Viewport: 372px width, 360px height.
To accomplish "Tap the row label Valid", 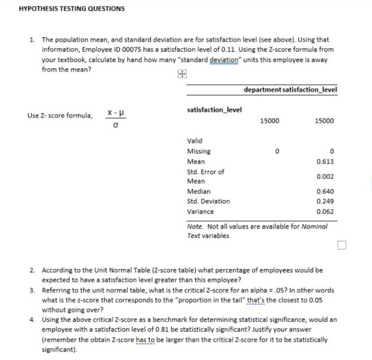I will pyautogui.click(x=195, y=141).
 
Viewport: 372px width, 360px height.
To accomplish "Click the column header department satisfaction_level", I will pyautogui.click(x=294, y=90).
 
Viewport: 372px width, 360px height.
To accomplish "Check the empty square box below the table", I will pyautogui.click(x=343, y=245).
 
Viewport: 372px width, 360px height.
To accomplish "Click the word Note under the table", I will pyautogui.click(x=194, y=226).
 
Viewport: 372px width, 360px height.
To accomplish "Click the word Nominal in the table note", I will pyautogui.click(x=315, y=226).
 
